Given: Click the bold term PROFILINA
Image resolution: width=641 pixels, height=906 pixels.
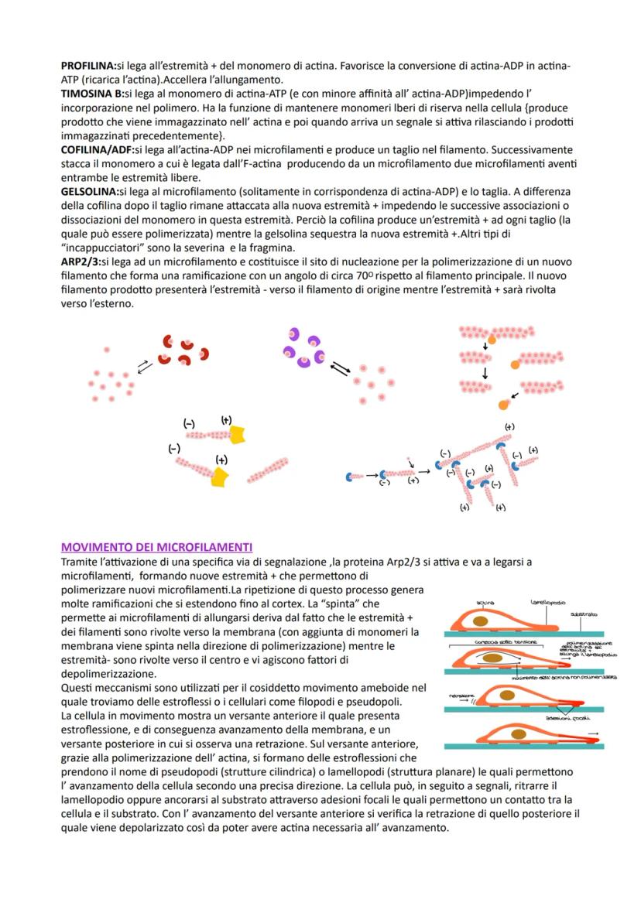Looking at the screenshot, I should coord(88,66).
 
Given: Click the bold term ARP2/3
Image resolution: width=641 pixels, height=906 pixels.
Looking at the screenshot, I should coord(80,263).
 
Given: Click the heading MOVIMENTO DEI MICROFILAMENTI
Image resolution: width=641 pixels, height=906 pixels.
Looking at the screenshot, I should coord(156,547).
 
